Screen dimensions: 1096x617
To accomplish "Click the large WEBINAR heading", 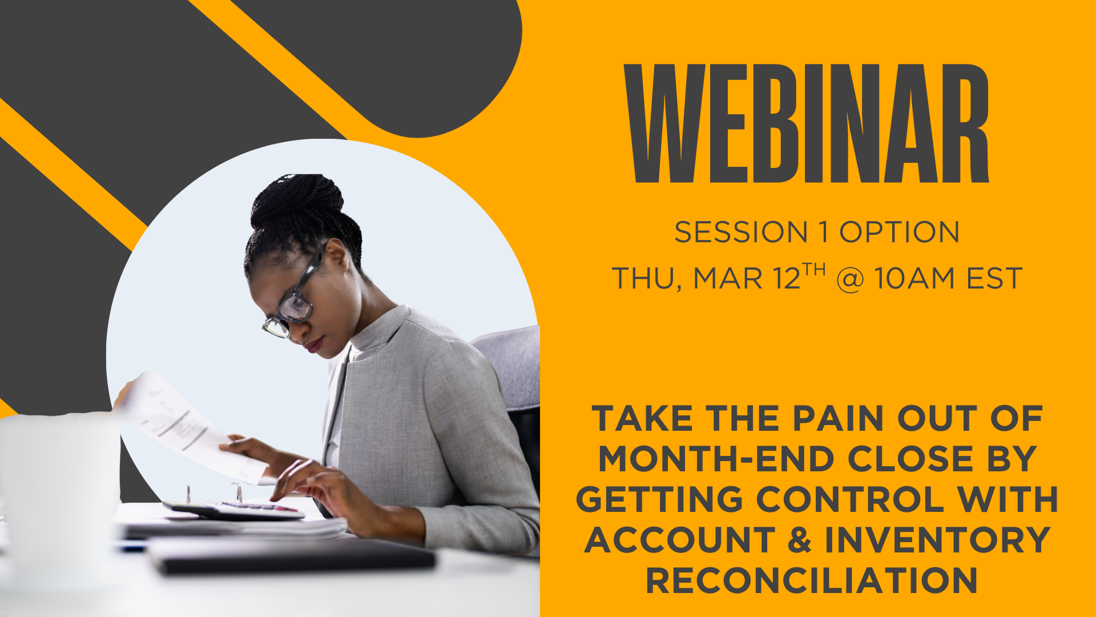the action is (807, 123).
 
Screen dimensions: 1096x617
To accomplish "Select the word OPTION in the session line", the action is (899, 233).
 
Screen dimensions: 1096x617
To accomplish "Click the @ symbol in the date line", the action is (850, 280).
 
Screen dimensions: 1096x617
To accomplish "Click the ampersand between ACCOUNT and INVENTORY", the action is (800, 540).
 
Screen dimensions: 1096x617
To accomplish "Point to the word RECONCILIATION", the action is (812, 580).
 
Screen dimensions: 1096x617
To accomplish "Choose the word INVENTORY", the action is (938, 540).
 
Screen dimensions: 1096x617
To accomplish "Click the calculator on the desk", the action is (234, 510).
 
